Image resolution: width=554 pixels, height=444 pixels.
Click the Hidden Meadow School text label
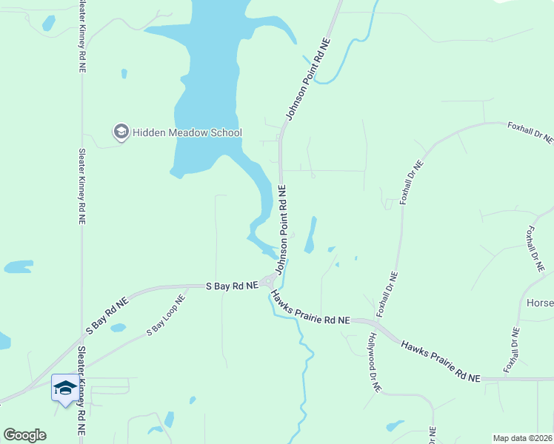click(187, 132)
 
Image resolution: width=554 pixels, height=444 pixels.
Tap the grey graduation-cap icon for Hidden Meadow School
click(120, 132)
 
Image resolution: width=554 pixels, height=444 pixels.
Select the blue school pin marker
click(64, 388)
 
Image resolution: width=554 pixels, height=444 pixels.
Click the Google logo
click(24, 435)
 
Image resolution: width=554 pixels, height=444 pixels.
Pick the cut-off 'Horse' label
click(539, 303)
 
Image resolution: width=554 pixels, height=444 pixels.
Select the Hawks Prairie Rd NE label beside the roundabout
click(310, 307)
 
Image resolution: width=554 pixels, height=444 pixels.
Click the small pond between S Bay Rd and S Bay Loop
click(119, 327)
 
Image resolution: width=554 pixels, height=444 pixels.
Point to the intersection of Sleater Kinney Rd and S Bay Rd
click(81, 342)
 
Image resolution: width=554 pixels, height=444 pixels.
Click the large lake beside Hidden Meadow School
click(207, 89)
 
